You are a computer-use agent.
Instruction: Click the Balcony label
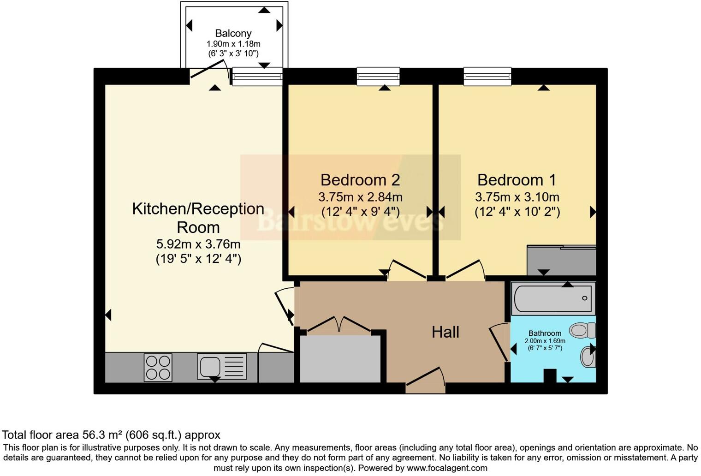tap(233, 33)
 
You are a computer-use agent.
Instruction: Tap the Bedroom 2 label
tap(360, 179)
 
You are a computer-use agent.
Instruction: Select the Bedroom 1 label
tap(517, 179)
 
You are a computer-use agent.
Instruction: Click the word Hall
tap(445, 332)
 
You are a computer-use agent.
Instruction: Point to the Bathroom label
tap(545, 333)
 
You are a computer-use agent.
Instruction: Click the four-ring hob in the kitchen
tap(158, 367)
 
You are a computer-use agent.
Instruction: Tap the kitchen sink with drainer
tap(222, 366)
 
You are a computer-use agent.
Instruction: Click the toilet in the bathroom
tap(582, 330)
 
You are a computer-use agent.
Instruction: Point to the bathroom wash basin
tap(588, 357)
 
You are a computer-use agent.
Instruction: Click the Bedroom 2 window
tap(378, 76)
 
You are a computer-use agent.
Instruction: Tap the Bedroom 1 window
tap(487, 76)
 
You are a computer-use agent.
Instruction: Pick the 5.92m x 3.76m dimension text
tap(198, 244)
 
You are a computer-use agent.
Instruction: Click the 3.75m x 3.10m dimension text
tap(517, 197)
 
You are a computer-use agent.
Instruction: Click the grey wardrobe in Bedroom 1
tap(561, 261)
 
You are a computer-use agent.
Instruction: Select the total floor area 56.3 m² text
tap(111, 434)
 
